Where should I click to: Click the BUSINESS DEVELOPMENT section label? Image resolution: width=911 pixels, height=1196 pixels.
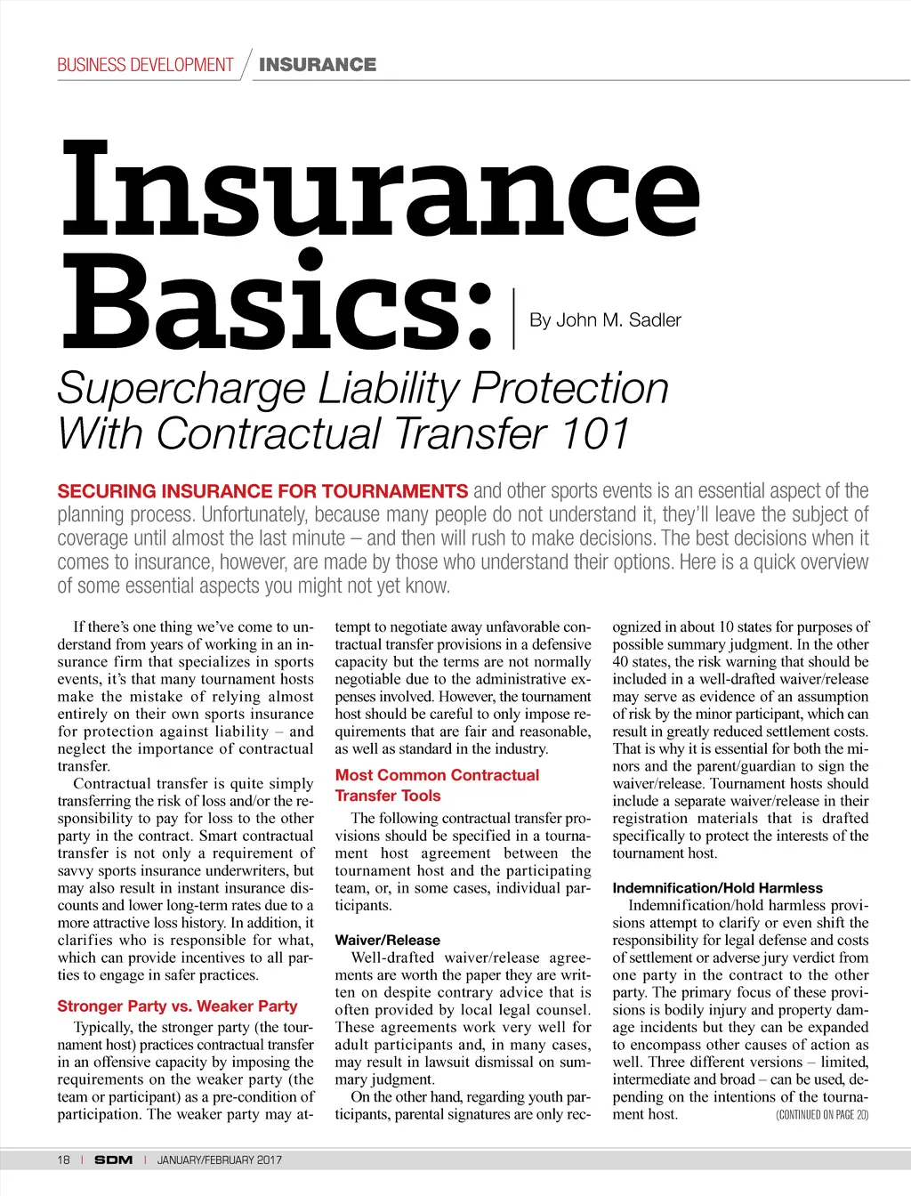(x=145, y=65)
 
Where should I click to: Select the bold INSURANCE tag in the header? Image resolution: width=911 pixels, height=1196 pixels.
(x=318, y=65)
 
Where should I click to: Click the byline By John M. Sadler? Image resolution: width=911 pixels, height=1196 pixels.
(x=605, y=320)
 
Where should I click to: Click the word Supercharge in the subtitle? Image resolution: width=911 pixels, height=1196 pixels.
(x=181, y=389)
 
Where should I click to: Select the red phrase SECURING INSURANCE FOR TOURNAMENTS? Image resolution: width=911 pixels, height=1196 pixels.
(x=262, y=491)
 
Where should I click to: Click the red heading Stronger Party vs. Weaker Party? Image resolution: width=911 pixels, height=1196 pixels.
(x=177, y=1006)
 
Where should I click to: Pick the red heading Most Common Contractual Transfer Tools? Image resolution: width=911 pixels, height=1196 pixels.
(x=437, y=785)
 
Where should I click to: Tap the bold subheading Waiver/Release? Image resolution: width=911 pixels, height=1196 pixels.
(x=387, y=940)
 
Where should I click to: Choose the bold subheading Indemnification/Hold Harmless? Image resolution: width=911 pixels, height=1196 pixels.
(x=717, y=888)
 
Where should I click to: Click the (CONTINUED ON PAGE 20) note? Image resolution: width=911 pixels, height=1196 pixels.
(x=822, y=1115)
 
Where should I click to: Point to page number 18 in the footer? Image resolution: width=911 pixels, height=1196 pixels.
(x=63, y=1160)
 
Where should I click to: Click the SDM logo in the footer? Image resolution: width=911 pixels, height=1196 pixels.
(x=113, y=1160)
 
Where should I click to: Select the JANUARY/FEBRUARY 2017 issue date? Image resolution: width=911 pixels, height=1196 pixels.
(x=219, y=1160)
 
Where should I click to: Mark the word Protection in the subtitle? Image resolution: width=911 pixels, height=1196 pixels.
(x=570, y=389)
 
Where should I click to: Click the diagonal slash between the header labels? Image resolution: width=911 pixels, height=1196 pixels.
(x=246, y=64)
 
